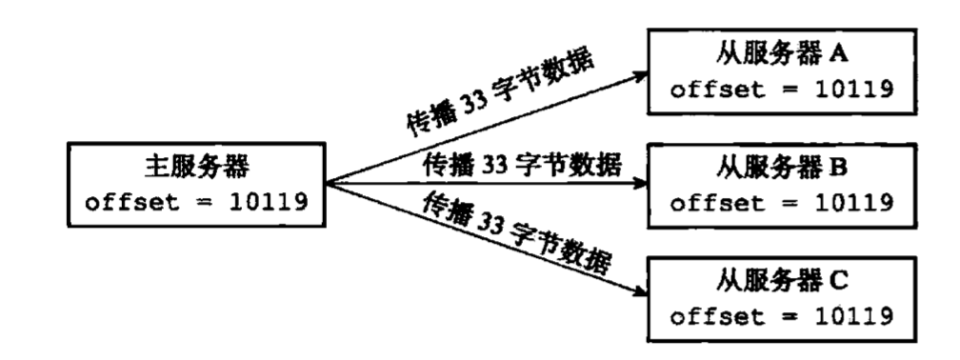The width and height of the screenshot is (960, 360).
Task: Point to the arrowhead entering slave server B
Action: pos(640,183)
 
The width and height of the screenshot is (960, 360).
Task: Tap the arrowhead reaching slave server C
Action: pos(640,293)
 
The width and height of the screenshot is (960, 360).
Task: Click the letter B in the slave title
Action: pos(838,168)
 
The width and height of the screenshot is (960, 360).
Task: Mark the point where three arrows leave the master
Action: pos(326,183)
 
